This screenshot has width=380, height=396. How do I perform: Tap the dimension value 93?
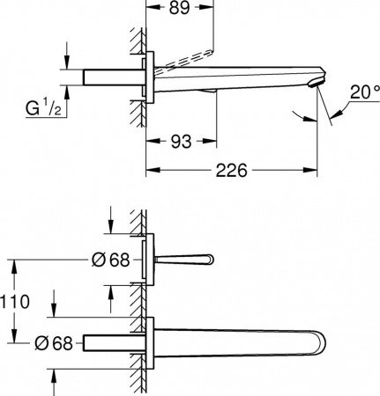(182, 140)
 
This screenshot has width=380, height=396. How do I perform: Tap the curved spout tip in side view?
(310, 82)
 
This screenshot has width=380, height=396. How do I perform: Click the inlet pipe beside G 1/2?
(111, 77)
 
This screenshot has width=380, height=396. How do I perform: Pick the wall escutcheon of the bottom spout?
(153, 342)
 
